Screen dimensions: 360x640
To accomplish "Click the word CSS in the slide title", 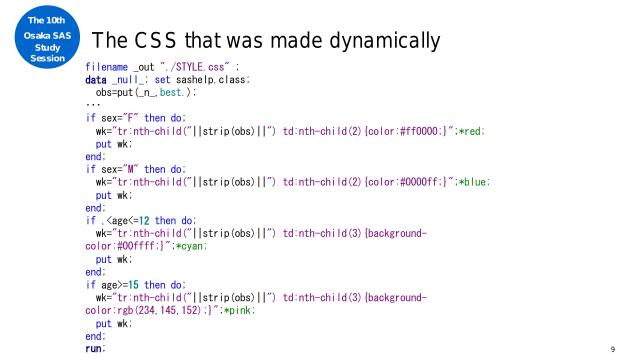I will click(146, 42).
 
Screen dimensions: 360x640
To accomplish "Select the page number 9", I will click(611, 350).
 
